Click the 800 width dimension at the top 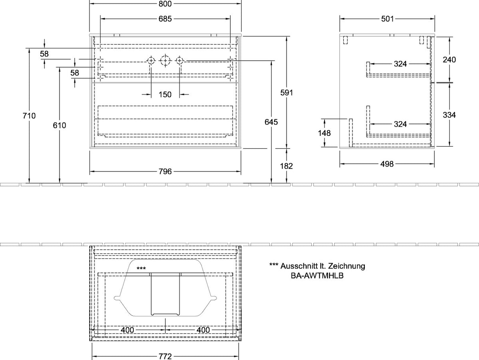(165, 4)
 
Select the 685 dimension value (165, 19)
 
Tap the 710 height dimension (29, 116)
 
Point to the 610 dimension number (59, 125)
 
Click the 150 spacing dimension (165, 95)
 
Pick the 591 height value (287, 93)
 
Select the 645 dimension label (271, 122)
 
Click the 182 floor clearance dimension (287, 166)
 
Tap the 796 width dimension (165, 172)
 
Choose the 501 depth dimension (387, 19)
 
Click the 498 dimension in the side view (387, 164)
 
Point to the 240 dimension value (449, 60)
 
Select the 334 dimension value (449, 115)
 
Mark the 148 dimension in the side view (324, 133)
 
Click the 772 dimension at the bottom (165, 356)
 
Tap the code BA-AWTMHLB (317, 276)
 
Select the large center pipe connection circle (165, 60)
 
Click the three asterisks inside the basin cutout (141, 269)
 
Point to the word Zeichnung (346, 266)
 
